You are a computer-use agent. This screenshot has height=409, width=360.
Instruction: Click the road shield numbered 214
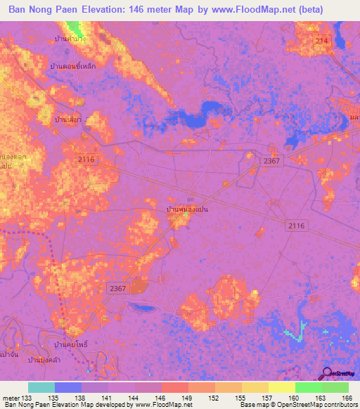click(322, 42)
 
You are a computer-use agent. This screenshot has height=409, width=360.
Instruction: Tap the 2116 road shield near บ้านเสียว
click(86, 160)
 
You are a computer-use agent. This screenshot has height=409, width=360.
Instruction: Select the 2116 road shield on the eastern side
click(297, 225)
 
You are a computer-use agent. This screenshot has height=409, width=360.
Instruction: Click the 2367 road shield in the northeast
click(271, 161)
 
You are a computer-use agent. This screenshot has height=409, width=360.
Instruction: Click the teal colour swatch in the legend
click(41, 387)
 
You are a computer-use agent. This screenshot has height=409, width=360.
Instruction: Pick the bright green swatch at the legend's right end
click(335, 387)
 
